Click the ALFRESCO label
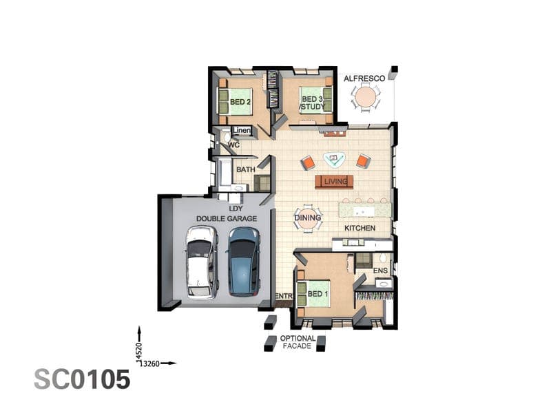click(x=364, y=78)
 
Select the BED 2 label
click(x=240, y=102)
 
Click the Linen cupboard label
click(x=242, y=130)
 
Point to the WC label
click(x=233, y=145)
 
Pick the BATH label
click(x=246, y=169)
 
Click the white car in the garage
click(x=201, y=262)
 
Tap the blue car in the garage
click(x=245, y=262)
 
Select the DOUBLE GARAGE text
click(x=227, y=218)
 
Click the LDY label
click(x=236, y=209)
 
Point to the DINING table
click(x=308, y=218)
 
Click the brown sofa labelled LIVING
click(x=334, y=182)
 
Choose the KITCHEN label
click(x=360, y=229)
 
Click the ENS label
click(x=380, y=271)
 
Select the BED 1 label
click(x=318, y=294)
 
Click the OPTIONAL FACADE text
click(x=298, y=342)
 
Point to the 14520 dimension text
click(x=139, y=352)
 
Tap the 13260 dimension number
click(x=149, y=363)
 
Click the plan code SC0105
click(x=82, y=379)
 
